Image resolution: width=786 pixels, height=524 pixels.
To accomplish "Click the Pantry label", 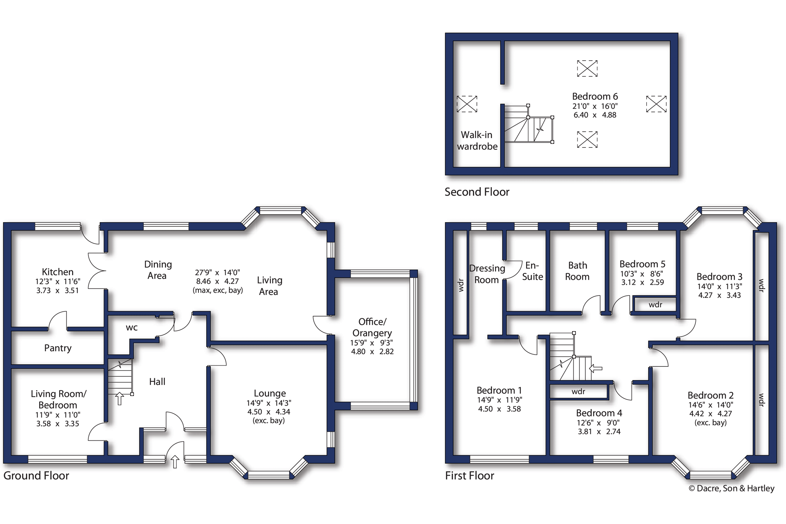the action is point(58,348).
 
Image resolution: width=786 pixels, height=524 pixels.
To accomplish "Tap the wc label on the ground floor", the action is point(132,328).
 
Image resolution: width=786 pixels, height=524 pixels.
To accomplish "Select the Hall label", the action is point(157,382).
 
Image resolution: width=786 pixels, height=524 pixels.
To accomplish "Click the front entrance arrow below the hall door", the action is point(175,462).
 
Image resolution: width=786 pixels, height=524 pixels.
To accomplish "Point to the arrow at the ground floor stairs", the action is point(119,399).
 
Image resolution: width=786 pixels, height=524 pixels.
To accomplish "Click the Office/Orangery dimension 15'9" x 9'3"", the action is point(372,342).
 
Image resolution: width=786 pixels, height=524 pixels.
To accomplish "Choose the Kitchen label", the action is point(57,272).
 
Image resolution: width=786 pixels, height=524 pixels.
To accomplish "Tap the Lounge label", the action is point(270,393).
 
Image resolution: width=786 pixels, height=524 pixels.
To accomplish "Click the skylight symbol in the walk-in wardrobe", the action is point(467,104).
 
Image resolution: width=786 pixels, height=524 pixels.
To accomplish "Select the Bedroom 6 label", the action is point(595,97).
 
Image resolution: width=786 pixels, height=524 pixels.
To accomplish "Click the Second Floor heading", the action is point(477,192).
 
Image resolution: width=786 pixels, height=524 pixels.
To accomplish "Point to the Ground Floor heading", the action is point(36,476).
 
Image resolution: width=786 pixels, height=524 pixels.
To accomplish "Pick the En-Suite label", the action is point(532,271).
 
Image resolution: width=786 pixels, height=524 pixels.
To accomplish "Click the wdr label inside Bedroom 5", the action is point(655,305).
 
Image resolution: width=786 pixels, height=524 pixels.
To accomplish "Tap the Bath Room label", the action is point(577,271).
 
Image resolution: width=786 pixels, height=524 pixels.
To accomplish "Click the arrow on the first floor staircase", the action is point(595,368).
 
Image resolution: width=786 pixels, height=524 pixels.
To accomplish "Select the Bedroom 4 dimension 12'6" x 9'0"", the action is point(598,423).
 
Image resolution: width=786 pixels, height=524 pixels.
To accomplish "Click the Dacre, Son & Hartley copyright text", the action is point(732,488).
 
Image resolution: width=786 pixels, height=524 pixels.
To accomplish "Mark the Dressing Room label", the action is point(487,274).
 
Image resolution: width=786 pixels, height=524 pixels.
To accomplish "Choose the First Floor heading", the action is point(470,476).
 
